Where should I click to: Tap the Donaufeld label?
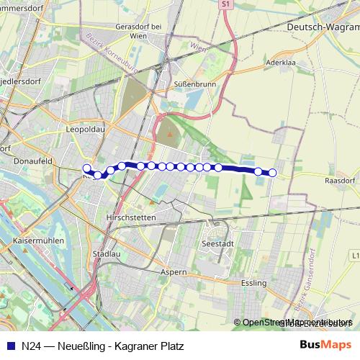31,162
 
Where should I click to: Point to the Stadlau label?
107,254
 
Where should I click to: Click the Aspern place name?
174,272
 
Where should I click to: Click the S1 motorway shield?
226,4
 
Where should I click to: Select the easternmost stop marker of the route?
273,172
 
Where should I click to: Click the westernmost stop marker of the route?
87,168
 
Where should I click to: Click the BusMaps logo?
325,346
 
